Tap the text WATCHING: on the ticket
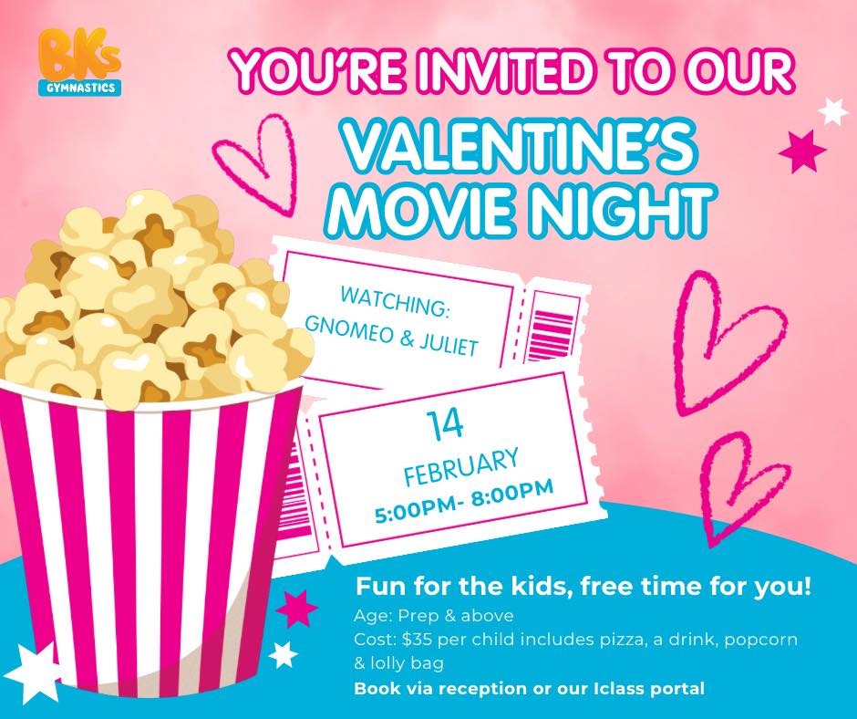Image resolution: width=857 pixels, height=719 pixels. point(394,302)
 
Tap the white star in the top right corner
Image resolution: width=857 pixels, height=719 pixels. point(833,110)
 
